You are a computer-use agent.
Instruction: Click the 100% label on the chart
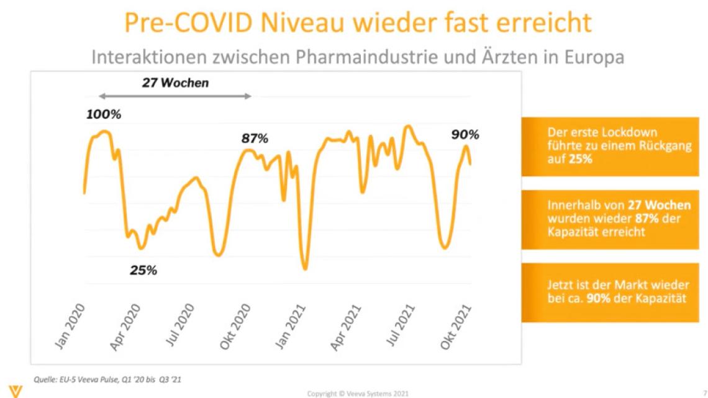coord(104,115)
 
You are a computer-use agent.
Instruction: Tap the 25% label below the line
coord(143,270)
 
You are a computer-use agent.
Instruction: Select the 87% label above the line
coord(255,138)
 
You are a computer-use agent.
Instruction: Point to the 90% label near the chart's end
coord(465,135)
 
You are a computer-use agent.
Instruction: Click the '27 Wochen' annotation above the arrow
coord(175,83)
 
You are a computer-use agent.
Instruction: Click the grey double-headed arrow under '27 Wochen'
coord(176,96)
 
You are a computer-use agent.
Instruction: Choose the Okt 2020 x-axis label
coord(237,327)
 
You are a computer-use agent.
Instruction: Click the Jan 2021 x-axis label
coord(292,327)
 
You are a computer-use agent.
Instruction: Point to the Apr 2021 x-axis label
coord(347,327)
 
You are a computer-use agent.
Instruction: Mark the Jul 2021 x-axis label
coord(401,327)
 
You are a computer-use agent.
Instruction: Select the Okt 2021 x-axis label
coord(456,327)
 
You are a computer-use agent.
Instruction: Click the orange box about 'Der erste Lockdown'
coord(607,146)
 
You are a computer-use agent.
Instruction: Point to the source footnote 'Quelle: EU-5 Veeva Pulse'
coord(107,378)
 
